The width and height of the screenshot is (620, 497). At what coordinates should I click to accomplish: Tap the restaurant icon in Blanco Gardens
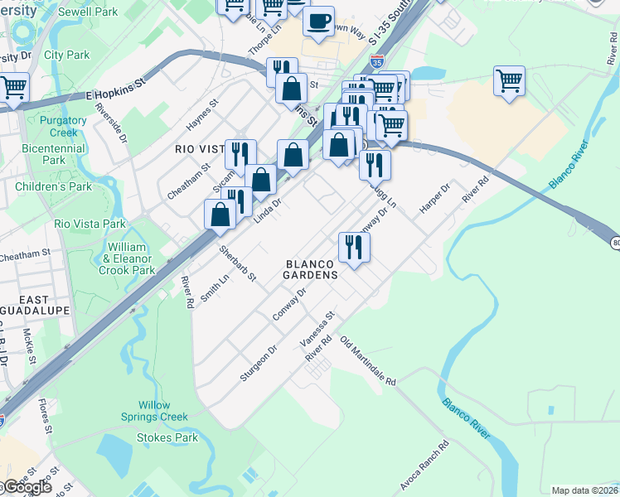point(354,247)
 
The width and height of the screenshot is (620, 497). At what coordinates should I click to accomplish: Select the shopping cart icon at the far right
point(510,81)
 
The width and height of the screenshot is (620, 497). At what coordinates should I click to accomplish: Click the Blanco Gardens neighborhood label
point(310,268)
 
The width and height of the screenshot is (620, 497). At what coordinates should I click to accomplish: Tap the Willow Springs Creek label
point(153,411)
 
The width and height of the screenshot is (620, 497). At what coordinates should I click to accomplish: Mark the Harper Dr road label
point(433,199)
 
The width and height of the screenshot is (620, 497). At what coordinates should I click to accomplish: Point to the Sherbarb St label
point(237,263)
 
